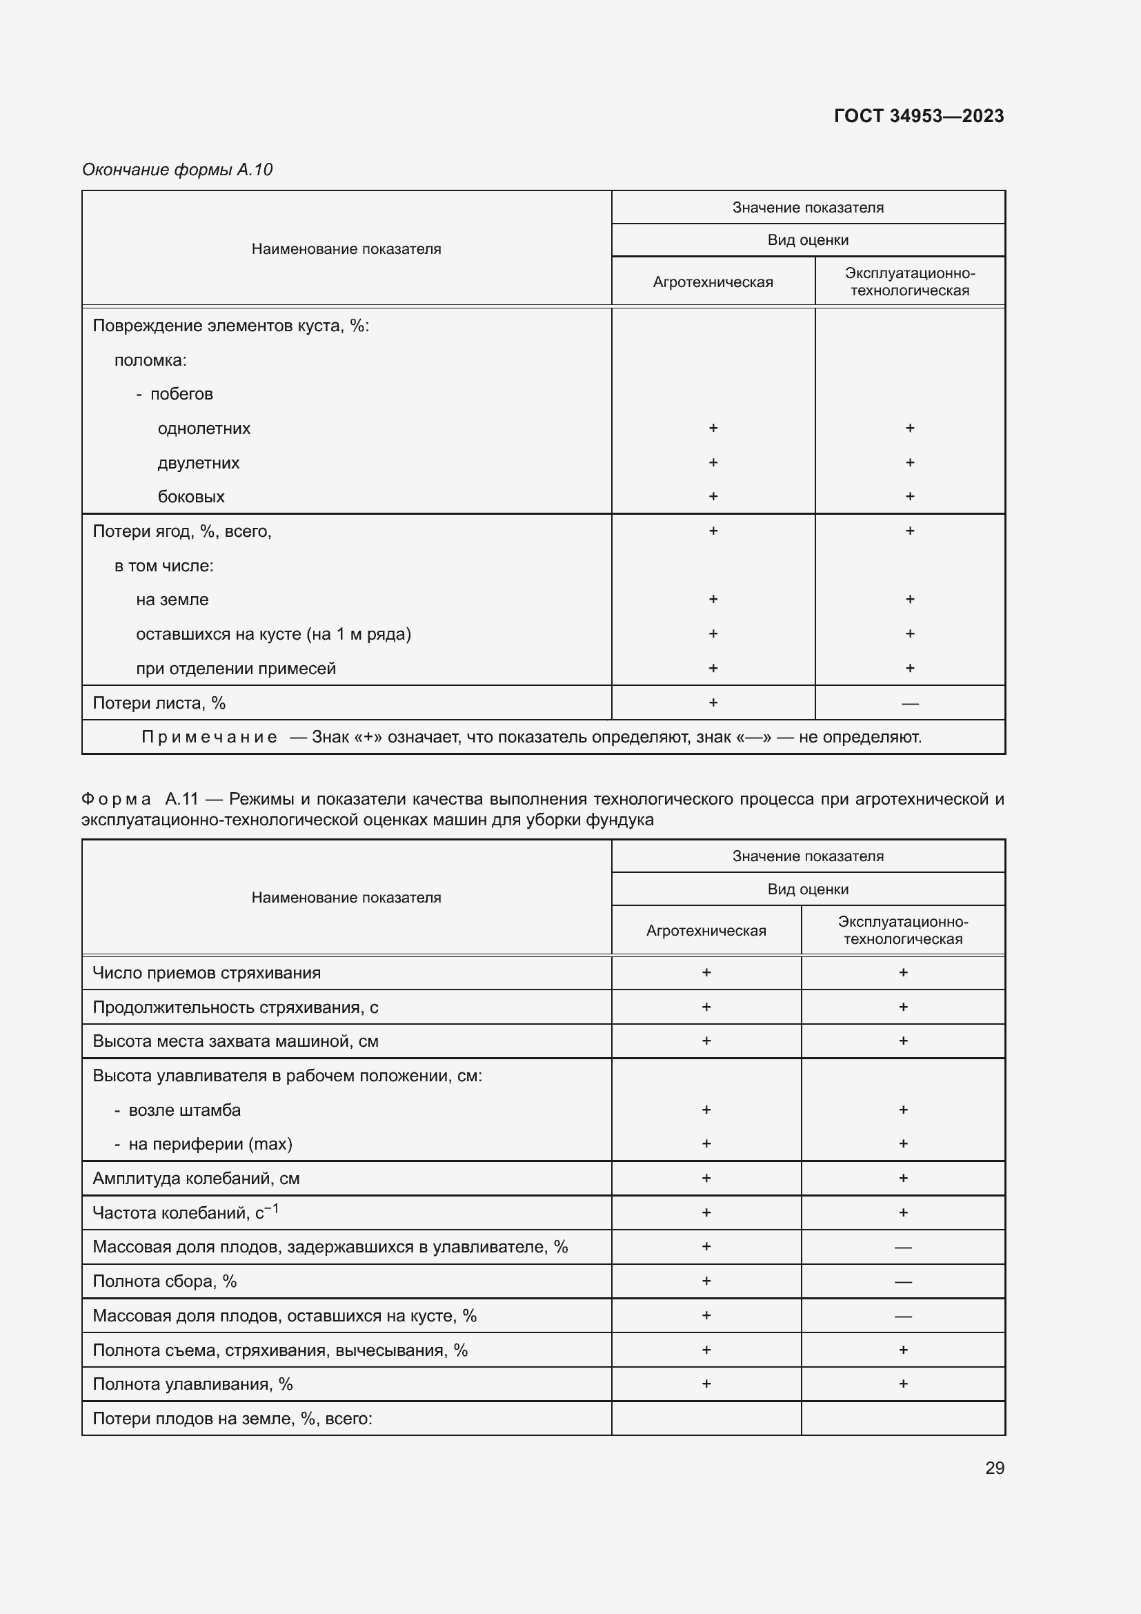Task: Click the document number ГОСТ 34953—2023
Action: click(x=918, y=116)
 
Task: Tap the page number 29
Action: click(x=994, y=1468)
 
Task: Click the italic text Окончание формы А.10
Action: click(x=177, y=170)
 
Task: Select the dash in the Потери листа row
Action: click(x=909, y=704)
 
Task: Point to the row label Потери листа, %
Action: click(x=159, y=703)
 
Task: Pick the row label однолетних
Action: click(x=204, y=428)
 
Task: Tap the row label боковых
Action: click(x=191, y=496)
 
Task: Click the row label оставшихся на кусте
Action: click(x=273, y=634)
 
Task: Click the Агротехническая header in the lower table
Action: click(x=706, y=930)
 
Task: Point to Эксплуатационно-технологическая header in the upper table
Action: click(x=909, y=282)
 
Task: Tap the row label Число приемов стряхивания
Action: click(x=206, y=973)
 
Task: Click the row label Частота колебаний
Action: click(x=186, y=1212)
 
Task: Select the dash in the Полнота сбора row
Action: click(x=903, y=1281)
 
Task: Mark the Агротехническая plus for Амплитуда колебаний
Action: click(x=706, y=1178)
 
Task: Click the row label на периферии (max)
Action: click(x=210, y=1143)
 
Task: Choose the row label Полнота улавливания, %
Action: click(x=192, y=1384)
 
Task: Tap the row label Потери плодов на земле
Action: click(x=232, y=1419)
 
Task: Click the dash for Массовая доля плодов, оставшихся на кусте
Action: click(x=903, y=1316)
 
